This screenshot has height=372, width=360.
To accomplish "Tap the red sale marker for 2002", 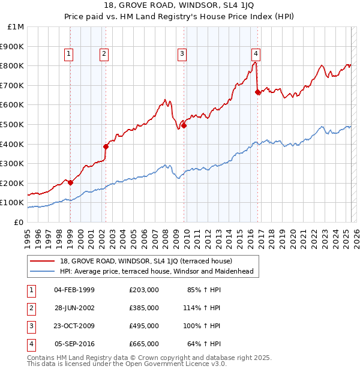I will (x=106, y=146).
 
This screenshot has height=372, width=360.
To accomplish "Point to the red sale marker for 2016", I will (x=257, y=92).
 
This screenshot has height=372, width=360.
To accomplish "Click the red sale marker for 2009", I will (x=184, y=125).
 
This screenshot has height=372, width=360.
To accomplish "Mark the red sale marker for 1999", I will (x=70, y=182).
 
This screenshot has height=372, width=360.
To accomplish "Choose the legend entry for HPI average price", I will (x=157, y=271).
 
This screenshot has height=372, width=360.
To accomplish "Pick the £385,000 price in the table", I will (x=144, y=308).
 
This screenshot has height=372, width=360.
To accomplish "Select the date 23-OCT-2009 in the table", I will (x=74, y=326).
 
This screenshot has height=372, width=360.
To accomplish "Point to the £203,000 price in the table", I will (x=144, y=290).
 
